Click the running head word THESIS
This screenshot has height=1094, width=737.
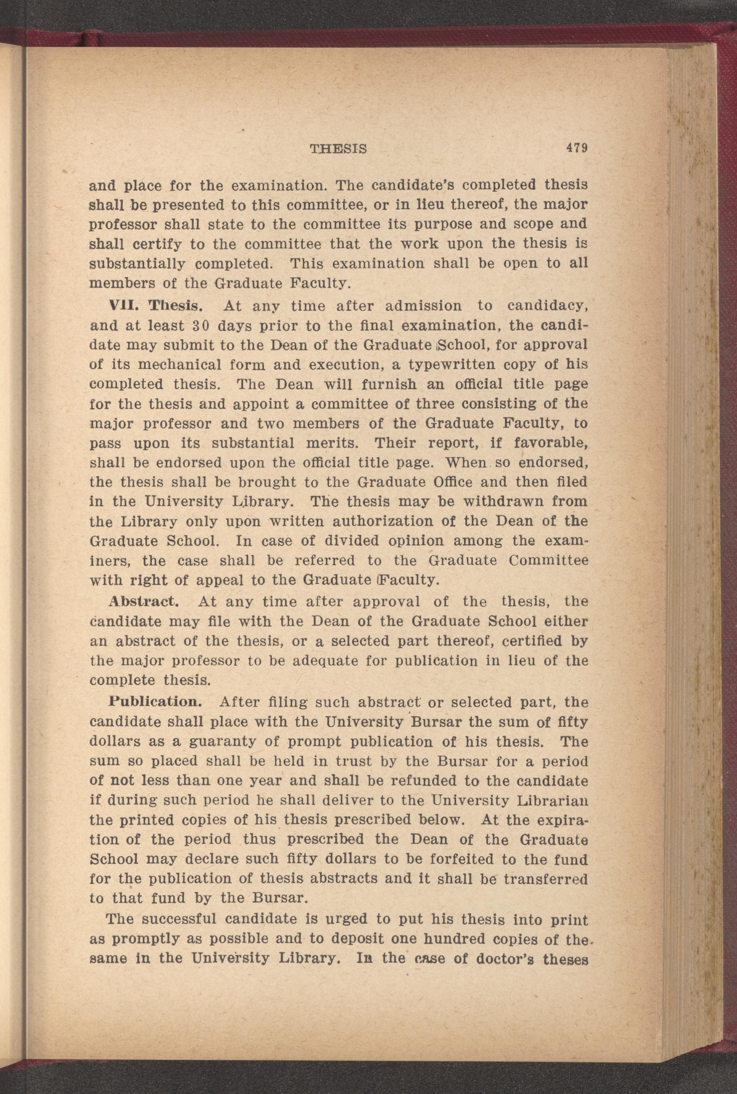click(x=339, y=149)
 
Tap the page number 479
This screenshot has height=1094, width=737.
click(x=576, y=148)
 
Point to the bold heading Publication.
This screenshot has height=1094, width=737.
click(x=155, y=702)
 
